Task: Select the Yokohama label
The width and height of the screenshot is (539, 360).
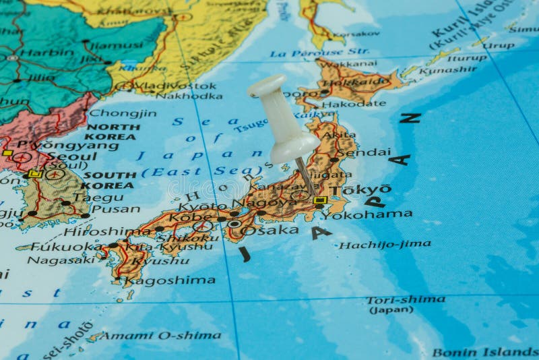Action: click(367, 214)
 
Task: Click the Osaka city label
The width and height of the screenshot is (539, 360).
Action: click(269, 230)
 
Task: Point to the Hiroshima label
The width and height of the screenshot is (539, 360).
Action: click(107, 231)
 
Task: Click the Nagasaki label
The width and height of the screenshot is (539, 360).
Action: click(61, 260)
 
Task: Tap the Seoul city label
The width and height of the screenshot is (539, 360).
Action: click(67, 156)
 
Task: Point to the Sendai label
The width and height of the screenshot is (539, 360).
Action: click(363, 152)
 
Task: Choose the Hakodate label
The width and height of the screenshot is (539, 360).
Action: click(354, 104)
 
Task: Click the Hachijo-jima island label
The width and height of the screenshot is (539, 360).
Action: click(385, 245)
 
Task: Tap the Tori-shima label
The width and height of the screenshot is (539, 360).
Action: click(406, 299)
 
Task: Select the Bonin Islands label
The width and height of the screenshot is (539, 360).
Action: click(485, 352)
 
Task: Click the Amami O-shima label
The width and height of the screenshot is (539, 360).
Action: click(162, 335)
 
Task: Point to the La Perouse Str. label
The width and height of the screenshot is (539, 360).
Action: click(319, 52)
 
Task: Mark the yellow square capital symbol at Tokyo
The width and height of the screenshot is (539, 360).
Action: click(319, 200)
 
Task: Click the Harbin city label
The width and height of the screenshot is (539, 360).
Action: click(45, 53)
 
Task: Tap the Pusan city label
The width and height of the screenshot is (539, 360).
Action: click(115, 209)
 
